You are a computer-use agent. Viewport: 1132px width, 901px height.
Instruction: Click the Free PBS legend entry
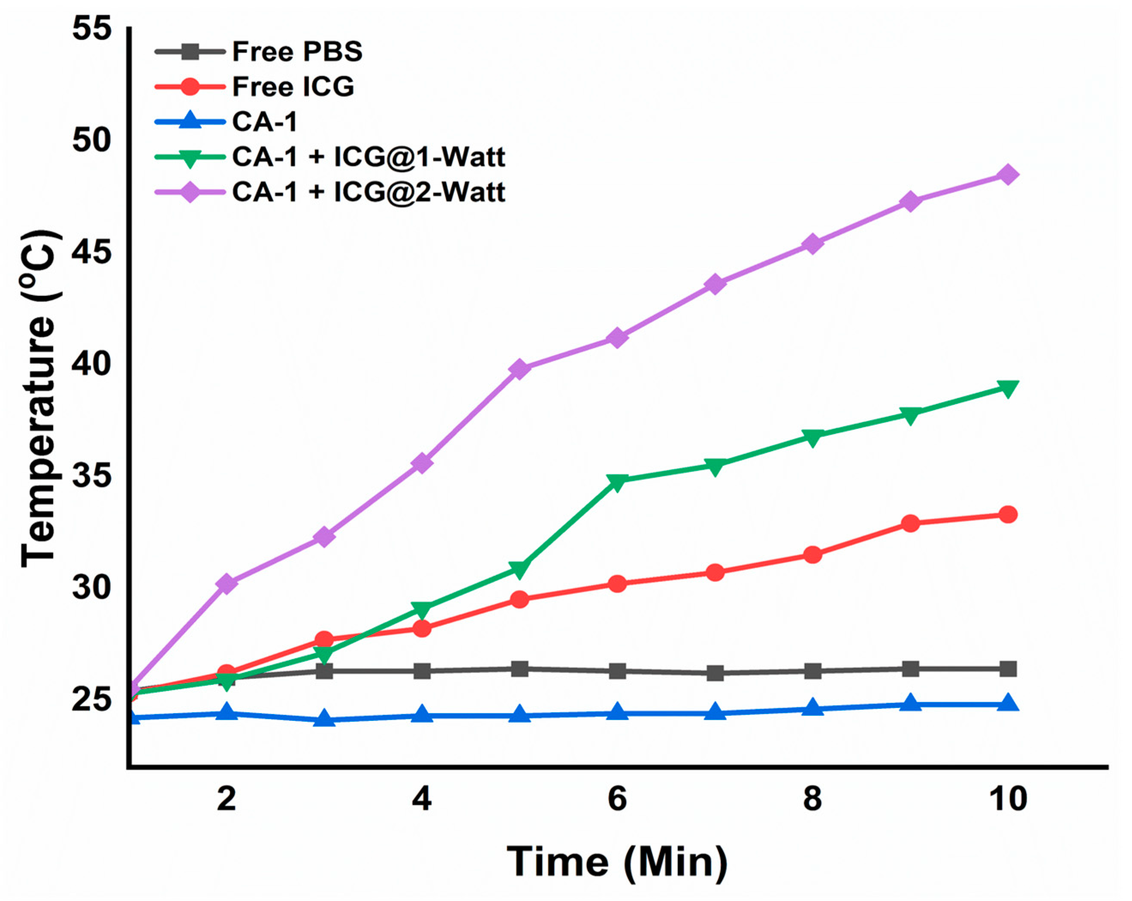[297, 51]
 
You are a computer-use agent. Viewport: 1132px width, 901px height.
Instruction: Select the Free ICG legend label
[293, 87]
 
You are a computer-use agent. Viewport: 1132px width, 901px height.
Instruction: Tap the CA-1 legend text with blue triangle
[265, 122]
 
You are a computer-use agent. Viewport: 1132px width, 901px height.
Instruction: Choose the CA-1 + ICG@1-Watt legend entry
[368, 157]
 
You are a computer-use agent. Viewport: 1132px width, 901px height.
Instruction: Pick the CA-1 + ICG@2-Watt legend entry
[368, 192]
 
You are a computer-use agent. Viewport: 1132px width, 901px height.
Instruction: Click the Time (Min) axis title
[617, 862]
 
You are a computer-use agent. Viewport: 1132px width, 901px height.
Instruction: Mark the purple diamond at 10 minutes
[1008, 174]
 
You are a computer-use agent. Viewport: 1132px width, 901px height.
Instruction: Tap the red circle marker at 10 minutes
[1008, 515]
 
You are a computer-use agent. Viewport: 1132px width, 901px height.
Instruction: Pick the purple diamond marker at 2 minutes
[227, 583]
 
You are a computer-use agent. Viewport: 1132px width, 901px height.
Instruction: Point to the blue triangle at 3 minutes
[324, 719]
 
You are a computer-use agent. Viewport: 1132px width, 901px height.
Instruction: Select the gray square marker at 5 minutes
[520, 669]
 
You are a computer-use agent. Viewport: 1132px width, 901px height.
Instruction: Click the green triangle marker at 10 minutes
[1008, 389]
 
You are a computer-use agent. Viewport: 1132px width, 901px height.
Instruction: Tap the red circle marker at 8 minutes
[813, 554]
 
